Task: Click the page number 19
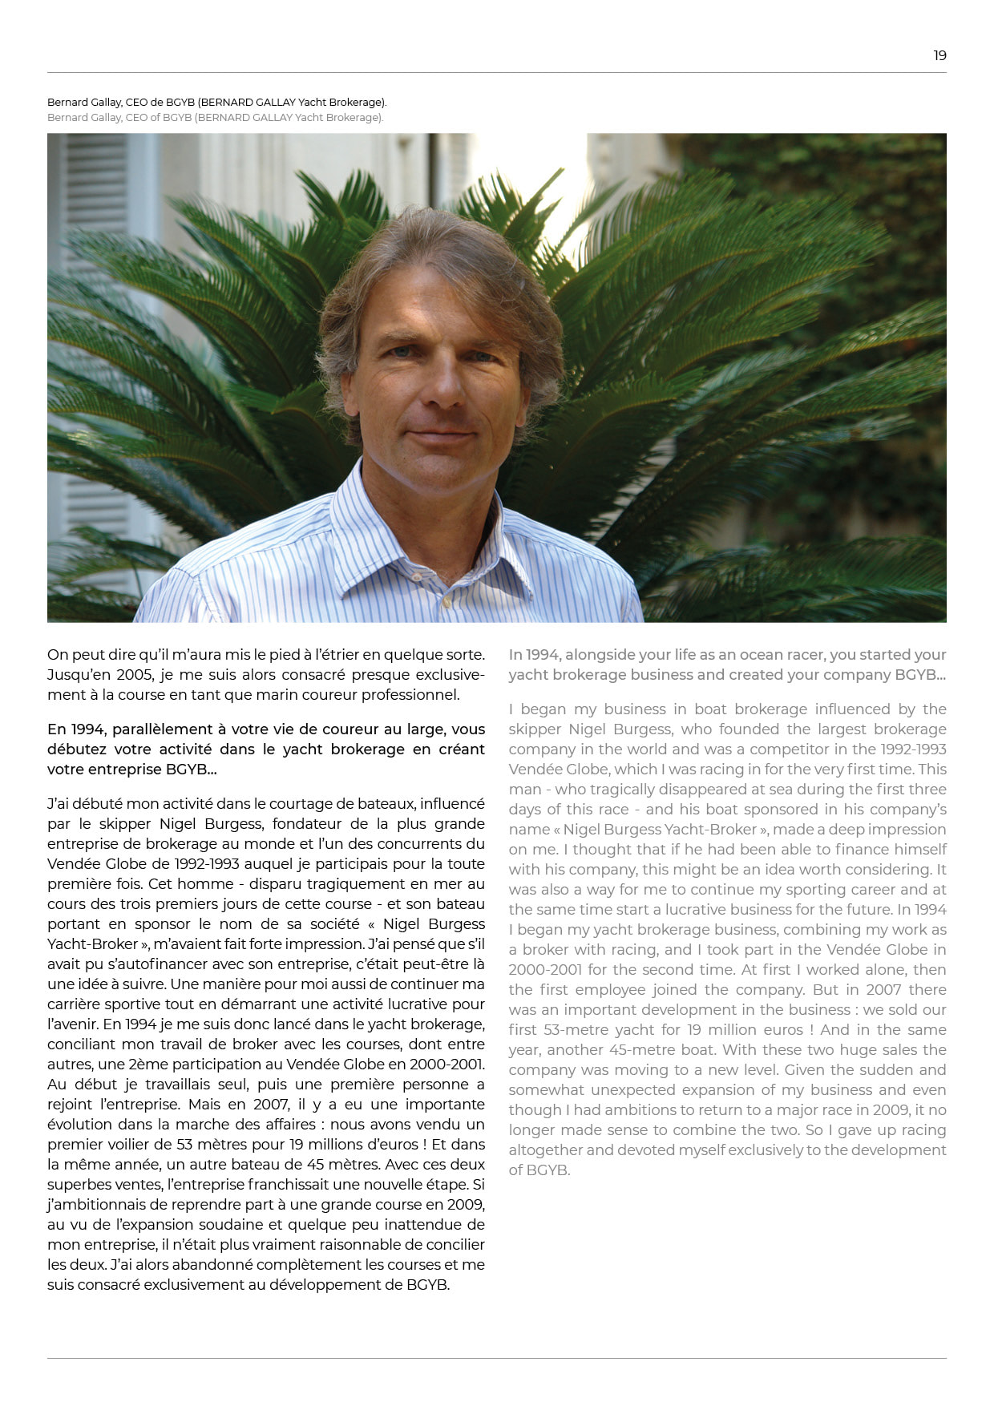click(x=939, y=55)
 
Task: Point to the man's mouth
click(x=440, y=437)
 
